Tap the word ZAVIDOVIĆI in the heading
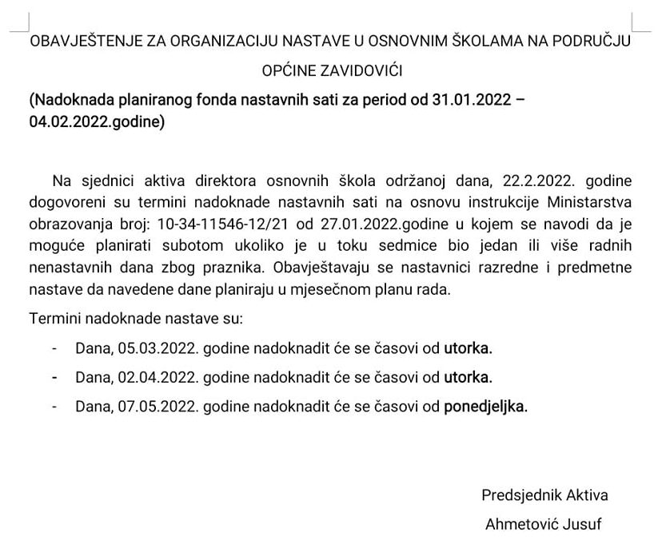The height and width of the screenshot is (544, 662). pos(360,71)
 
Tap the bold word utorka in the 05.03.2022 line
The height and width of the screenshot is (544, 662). pos(469,348)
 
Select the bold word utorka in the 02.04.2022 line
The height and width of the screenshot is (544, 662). pos(469,377)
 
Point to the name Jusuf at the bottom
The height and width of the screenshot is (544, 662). pos(583,525)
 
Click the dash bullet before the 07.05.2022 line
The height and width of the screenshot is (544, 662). pos(54,406)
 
